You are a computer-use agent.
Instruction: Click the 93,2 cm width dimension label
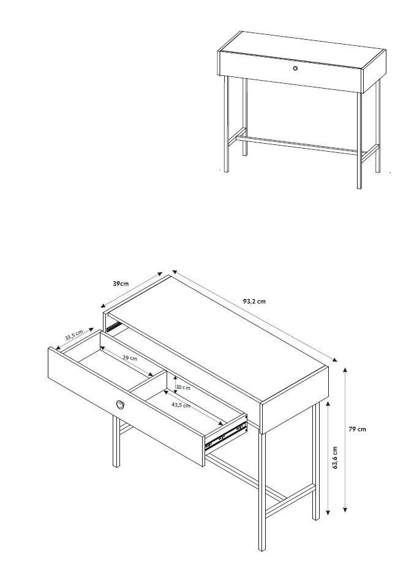[254, 301]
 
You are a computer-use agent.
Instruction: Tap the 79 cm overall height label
[357, 429]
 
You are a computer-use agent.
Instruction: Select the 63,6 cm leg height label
[335, 457]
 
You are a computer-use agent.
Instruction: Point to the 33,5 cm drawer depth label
[74, 335]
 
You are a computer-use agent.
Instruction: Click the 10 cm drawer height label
[183, 388]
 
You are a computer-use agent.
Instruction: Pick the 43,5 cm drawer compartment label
[181, 405]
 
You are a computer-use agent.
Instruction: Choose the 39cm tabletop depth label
[121, 284]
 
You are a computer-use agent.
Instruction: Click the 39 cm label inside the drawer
[130, 358]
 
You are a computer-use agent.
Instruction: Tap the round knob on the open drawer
[121, 404]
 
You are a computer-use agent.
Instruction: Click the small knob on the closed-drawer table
[295, 68]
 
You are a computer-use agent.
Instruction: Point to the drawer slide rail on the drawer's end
[226, 435]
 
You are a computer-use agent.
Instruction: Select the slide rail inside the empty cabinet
[114, 326]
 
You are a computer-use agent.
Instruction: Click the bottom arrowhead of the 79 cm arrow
[345, 509]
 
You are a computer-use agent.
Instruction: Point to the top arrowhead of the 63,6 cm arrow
[328, 404]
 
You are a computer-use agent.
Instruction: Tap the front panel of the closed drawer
[290, 72]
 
